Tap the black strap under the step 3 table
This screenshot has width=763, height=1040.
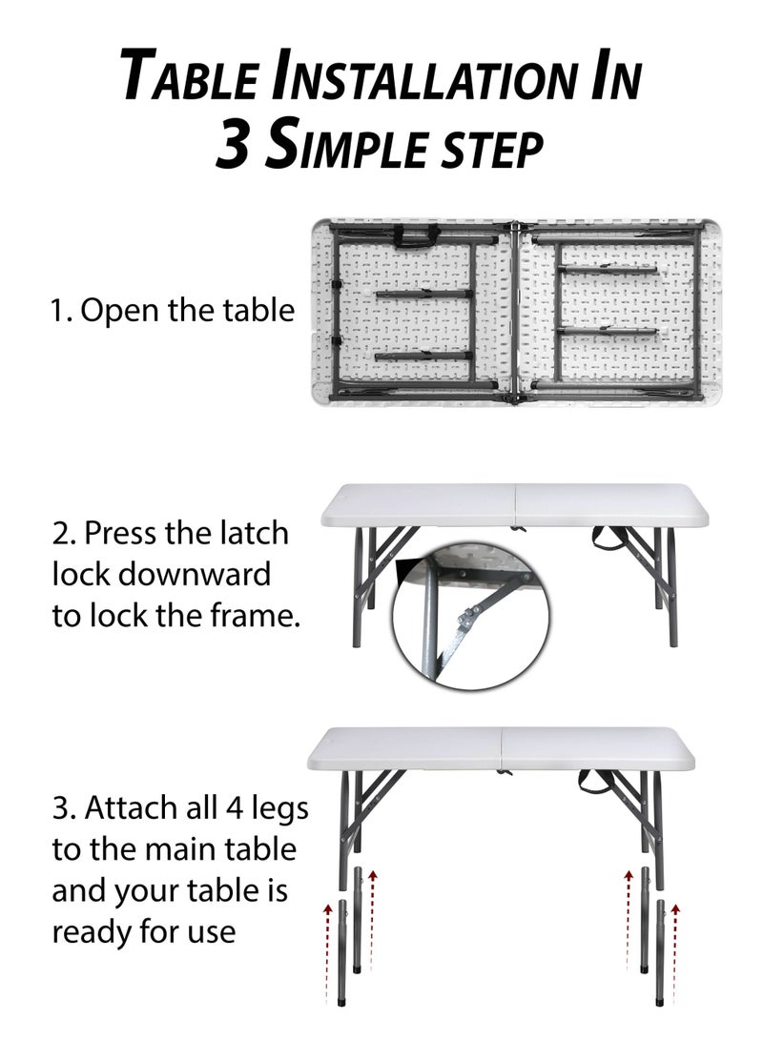click(x=591, y=782)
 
